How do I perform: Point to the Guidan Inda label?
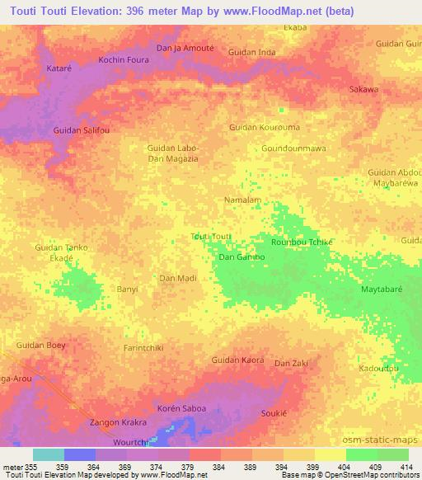click(x=252, y=53)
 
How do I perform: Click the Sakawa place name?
click(x=364, y=89)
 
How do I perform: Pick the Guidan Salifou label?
click(x=81, y=131)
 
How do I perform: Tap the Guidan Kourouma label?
click(x=265, y=127)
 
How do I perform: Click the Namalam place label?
click(x=243, y=200)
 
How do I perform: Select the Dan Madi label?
click(x=177, y=279)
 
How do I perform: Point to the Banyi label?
click(x=127, y=289)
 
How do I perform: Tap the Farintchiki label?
click(x=143, y=348)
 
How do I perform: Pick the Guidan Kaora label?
click(x=238, y=360)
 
